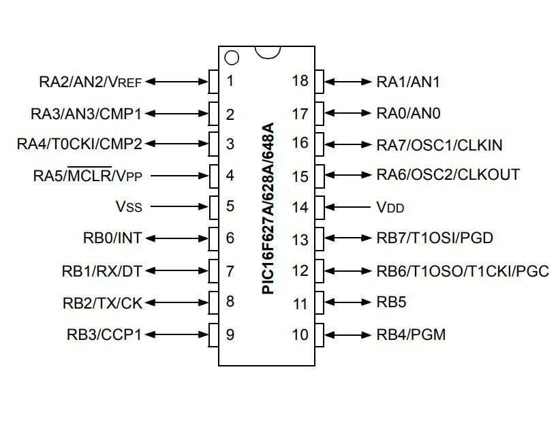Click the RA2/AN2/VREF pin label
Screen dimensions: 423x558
(x=90, y=82)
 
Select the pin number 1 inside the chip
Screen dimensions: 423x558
(x=230, y=81)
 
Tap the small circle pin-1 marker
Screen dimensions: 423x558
(x=232, y=57)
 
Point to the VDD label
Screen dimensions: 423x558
(x=394, y=206)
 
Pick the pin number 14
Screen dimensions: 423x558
(x=300, y=207)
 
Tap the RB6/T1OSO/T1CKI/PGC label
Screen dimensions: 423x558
(x=462, y=271)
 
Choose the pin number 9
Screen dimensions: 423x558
(x=230, y=334)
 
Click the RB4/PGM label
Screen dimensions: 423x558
(x=411, y=334)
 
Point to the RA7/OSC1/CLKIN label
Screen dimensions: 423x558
(x=439, y=144)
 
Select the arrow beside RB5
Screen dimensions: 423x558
(x=347, y=302)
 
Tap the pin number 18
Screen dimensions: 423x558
(x=300, y=81)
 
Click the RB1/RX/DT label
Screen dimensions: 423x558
(x=102, y=271)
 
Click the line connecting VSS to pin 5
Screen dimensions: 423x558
(x=179, y=206)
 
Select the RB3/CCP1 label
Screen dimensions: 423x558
(x=104, y=334)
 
